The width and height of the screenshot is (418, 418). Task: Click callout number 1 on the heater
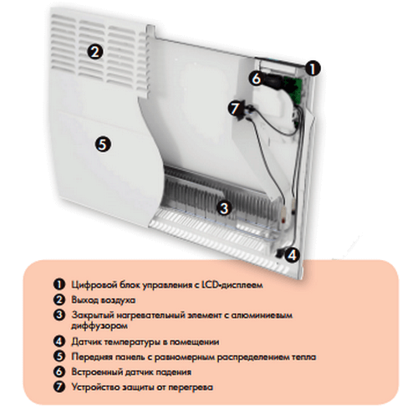tap(313, 69)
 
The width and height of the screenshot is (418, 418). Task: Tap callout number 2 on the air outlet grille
tap(95, 52)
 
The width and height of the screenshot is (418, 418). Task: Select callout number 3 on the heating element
tap(224, 208)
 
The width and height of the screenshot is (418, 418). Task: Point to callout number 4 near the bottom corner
tap(292, 255)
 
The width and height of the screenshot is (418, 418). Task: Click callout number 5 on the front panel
tap(103, 145)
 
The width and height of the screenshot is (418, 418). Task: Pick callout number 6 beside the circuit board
tap(257, 79)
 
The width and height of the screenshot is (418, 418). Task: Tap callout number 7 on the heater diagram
tap(236, 109)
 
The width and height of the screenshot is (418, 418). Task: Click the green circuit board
tap(293, 89)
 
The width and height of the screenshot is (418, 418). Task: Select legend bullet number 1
tap(59, 284)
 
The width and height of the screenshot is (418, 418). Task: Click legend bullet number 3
tap(59, 315)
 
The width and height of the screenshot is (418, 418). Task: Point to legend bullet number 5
tap(59, 357)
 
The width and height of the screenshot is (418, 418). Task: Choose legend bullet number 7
tap(59, 387)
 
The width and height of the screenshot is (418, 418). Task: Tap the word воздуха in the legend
tap(118, 300)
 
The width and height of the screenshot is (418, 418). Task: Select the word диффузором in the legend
tap(99, 326)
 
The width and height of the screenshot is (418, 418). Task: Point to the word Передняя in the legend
tap(91, 357)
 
